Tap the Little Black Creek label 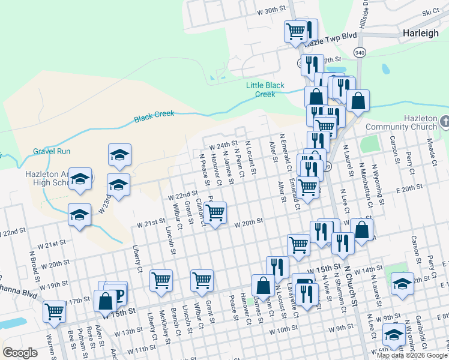[265, 90]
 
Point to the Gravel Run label [52, 151]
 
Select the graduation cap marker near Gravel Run [119, 155]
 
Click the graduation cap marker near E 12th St [402, 284]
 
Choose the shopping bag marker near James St [263, 286]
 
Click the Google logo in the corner [20, 353]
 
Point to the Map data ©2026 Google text [412, 355]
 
